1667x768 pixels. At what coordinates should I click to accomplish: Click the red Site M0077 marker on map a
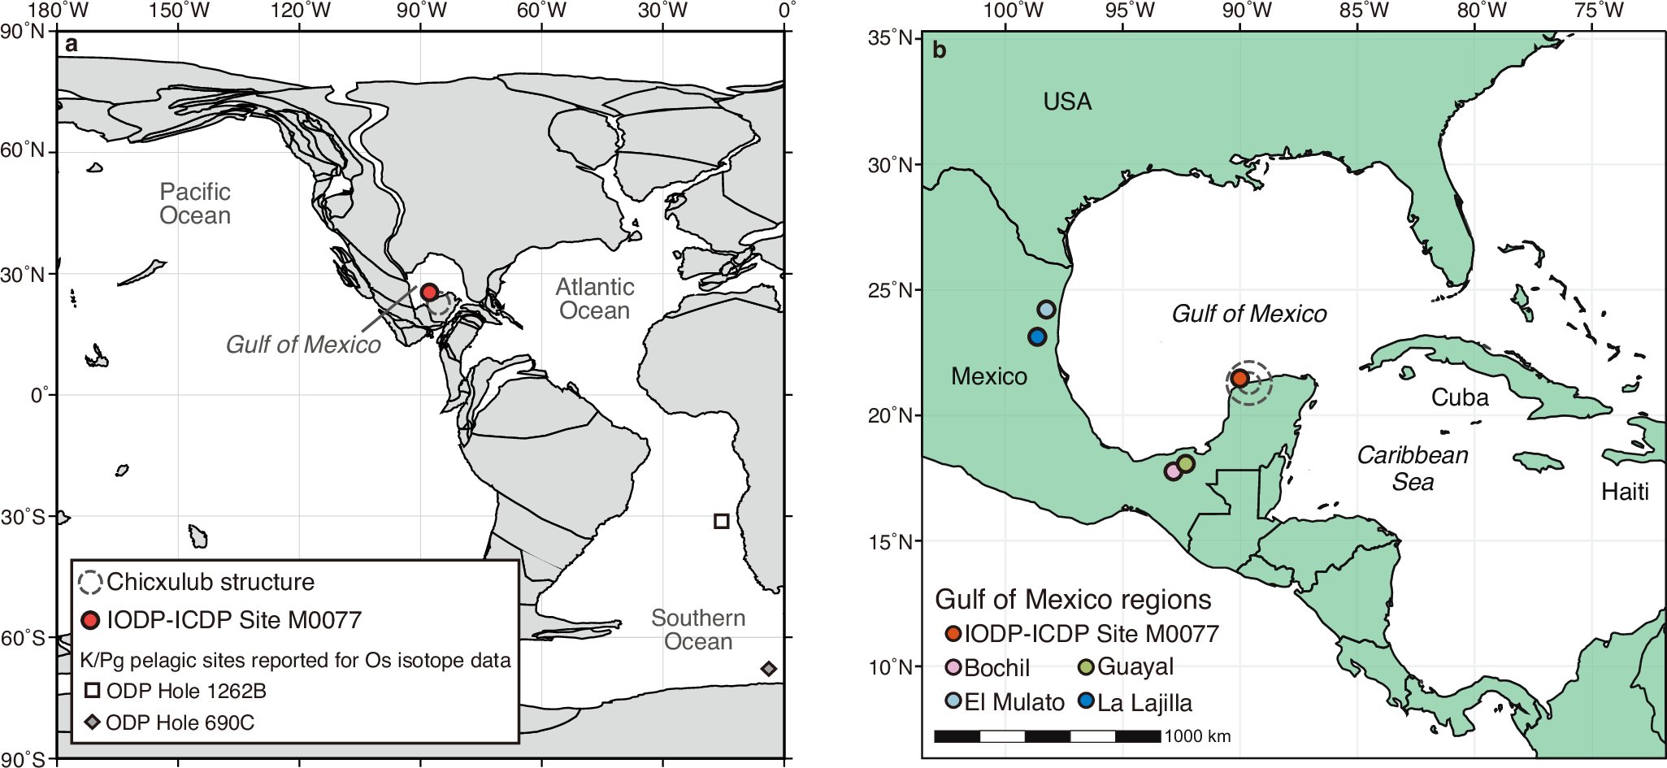coord(429,293)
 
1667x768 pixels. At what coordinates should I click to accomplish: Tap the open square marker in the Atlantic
coord(721,521)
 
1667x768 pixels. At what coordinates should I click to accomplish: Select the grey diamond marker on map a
coord(769,669)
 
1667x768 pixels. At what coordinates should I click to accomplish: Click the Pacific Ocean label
coord(195,203)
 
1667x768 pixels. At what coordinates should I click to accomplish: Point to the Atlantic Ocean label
coord(594,298)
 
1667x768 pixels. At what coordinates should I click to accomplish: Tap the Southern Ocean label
coord(698,629)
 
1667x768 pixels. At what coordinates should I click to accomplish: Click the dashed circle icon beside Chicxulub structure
coord(90,582)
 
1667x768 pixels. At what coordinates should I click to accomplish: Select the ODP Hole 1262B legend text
coord(186,691)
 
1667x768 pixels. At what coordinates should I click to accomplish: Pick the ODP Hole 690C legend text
coord(180,722)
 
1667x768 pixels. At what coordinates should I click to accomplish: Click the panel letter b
coord(940,50)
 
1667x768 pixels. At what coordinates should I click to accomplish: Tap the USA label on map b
coord(1067,102)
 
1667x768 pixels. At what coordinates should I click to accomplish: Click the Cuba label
coord(1460,397)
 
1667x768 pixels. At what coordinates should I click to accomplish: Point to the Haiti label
coord(1625,492)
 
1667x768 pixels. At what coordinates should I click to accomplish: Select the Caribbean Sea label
coord(1413,468)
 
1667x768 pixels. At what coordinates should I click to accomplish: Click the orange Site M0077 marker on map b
coord(1239,378)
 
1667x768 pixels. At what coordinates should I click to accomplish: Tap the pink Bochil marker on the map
coord(1173,471)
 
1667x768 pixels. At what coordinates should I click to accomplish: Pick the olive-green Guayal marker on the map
coord(1186,463)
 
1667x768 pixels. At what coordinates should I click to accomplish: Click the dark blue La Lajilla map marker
coord(1037,336)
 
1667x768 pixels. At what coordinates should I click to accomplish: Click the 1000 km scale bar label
coord(1197,736)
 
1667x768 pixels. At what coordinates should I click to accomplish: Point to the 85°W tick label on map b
coord(1364,11)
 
